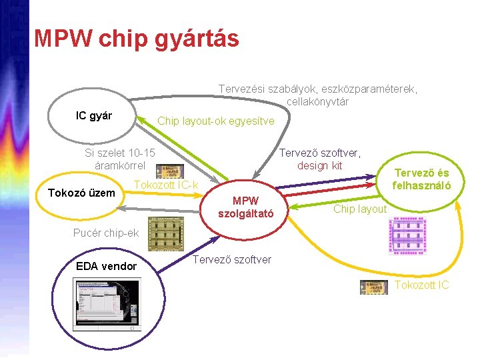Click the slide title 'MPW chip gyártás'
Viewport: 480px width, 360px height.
click(136, 39)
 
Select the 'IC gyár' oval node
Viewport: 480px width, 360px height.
click(94, 116)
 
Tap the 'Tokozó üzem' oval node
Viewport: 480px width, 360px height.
click(82, 194)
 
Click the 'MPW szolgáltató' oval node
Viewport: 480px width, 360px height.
click(247, 207)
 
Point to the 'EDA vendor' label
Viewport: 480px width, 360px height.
click(107, 267)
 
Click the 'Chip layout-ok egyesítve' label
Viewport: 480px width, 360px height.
click(215, 121)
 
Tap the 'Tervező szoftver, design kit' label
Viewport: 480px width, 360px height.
click(319, 159)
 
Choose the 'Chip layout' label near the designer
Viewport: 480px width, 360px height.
click(360, 209)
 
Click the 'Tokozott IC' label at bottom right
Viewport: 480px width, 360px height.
click(422, 285)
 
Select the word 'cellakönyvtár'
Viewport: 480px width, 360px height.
click(318, 102)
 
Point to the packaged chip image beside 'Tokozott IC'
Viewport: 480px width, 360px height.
click(373, 287)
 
